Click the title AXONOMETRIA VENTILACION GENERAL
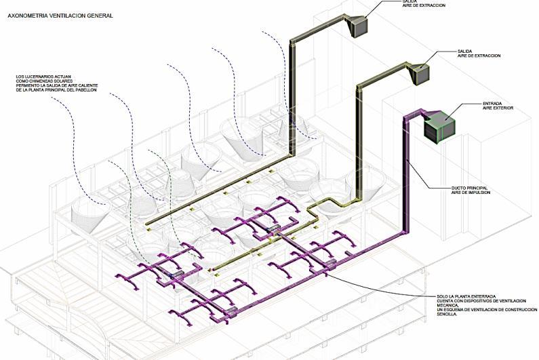[x=60, y=14]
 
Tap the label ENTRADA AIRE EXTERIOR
[x=498, y=106]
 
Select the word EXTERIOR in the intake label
[x=502, y=108]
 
